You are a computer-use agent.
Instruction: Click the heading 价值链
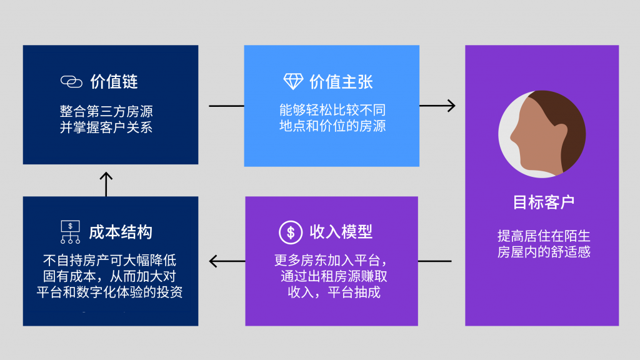114,81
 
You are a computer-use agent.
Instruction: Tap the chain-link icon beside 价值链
71,82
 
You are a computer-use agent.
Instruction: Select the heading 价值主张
341,81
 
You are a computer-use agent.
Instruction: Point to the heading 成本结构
121,232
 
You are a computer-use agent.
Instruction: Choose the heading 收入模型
341,232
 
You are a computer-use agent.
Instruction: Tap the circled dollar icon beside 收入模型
291,232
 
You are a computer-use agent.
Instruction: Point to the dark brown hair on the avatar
566,119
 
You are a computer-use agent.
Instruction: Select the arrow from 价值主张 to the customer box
437,106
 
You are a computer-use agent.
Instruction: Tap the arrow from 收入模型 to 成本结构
226,261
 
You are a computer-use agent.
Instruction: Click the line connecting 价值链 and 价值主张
226,106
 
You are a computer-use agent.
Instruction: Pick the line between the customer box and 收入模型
434,261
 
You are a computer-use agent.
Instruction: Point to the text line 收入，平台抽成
334,292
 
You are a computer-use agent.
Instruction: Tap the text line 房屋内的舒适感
543,252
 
